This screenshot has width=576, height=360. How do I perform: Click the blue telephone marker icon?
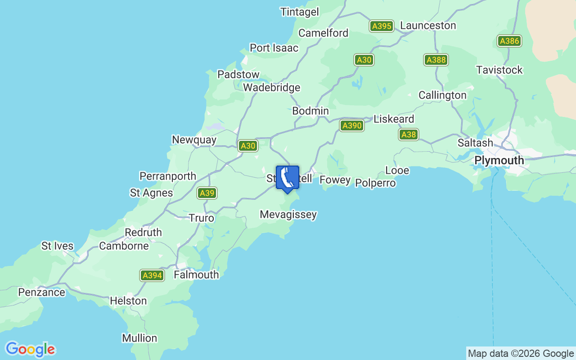(287, 179)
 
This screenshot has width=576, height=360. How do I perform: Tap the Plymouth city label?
(499, 161)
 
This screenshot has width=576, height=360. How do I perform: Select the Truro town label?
(201, 218)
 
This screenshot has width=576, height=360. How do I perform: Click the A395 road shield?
(382, 26)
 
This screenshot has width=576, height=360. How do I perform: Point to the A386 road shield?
(509, 41)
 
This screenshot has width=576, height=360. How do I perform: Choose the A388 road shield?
(436, 60)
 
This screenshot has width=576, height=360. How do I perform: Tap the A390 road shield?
(351, 126)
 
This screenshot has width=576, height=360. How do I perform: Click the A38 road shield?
(408, 134)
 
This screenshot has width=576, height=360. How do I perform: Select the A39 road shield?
(207, 193)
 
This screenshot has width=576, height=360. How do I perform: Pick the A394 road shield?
(152, 275)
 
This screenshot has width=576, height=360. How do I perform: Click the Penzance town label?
(41, 292)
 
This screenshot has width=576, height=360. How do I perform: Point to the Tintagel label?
(299, 12)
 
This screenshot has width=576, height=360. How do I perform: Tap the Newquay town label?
(194, 140)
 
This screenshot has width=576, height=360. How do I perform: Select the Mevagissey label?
(288, 215)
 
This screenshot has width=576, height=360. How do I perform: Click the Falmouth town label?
(196, 274)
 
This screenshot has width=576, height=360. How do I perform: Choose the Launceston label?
(427, 26)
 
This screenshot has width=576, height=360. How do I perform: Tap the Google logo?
(30, 350)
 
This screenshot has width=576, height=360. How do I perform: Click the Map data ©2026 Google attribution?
(521, 353)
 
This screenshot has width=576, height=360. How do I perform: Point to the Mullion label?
(139, 338)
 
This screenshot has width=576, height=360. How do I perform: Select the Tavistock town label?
(499, 70)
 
